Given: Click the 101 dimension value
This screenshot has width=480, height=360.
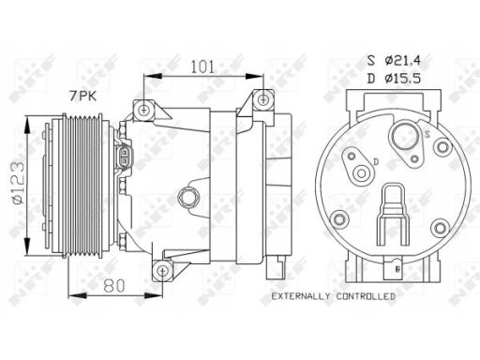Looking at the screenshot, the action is tap(202, 67).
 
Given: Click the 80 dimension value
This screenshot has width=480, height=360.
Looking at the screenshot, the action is tap(114, 285).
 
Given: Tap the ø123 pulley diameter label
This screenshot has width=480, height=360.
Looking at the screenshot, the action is tap(18, 182).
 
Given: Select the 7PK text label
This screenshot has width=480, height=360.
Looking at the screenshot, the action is tap(82, 96).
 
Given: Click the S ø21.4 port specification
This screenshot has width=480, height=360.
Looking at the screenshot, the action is tap(394, 60).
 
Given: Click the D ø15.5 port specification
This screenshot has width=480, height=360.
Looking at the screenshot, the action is tap(394, 78).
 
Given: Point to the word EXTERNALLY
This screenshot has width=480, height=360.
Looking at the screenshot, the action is tap(300, 296).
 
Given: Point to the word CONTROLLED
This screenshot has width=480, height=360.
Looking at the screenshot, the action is tap(366, 296).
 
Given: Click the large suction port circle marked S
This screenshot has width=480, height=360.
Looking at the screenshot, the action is tap(405, 136).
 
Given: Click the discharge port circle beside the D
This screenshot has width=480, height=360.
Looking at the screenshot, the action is tap(362, 173).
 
